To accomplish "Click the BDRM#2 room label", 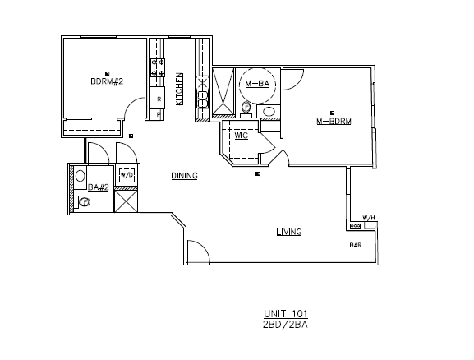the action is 107,81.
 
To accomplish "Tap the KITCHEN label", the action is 179,89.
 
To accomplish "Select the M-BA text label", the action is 257,84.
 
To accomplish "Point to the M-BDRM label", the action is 334,122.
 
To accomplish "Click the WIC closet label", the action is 242,136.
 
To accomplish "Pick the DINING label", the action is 184,176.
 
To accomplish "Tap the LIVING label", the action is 289,232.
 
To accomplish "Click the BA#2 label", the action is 99,187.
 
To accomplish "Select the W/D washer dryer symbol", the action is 127,175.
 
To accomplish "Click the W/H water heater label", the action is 369,218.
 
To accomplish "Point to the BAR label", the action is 356,245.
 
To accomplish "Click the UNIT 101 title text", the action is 286,313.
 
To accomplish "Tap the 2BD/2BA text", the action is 286,325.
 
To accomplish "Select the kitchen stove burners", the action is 158,67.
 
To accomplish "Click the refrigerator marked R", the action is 158,98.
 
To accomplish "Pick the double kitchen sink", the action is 203,99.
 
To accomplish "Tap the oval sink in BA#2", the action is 81,176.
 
